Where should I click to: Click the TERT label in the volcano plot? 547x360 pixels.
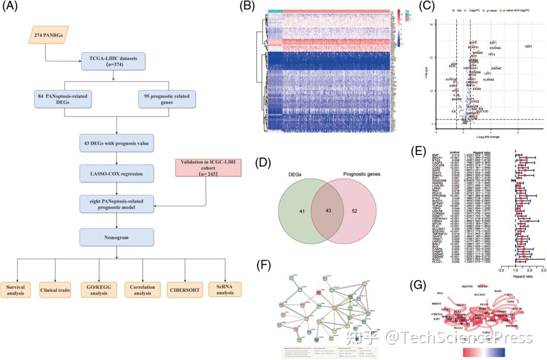tap(528, 47)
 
